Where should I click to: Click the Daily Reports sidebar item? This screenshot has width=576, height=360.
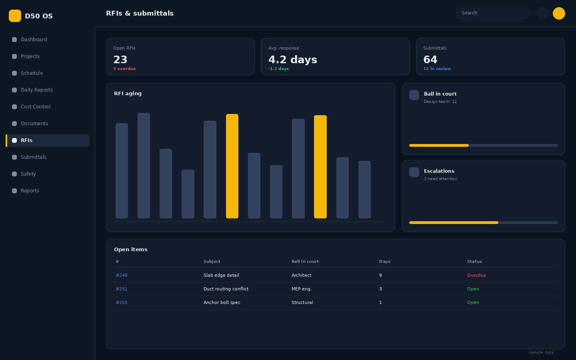click(x=37, y=90)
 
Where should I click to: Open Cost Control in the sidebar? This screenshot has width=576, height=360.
click(x=36, y=107)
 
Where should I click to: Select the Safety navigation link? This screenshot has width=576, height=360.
click(x=28, y=174)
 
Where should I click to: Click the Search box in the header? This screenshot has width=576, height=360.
click(x=492, y=13)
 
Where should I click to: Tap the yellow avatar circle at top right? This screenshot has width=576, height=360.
click(x=559, y=13)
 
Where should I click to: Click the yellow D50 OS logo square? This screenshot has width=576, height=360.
click(x=15, y=16)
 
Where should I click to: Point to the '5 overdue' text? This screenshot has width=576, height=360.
click(x=124, y=69)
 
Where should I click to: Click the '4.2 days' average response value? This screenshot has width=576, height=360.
click(x=293, y=60)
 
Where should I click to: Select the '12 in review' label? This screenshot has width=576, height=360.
click(x=437, y=69)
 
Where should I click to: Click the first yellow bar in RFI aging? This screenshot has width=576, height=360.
click(x=232, y=166)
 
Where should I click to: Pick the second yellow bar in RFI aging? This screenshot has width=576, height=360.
click(x=320, y=167)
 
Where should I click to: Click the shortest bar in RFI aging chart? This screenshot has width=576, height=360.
click(x=188, y=194)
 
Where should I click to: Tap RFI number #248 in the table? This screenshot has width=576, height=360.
click(x=122, y=275)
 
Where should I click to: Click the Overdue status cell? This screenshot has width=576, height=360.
click(x=476, y=275)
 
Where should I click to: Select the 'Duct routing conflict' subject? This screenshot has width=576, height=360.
click(x=226, y=289)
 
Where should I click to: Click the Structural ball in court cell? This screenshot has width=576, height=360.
click(x=302, y=303)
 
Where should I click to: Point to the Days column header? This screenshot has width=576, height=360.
click(x=385, y=262)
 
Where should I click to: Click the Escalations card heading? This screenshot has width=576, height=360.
click(x=439, y=171)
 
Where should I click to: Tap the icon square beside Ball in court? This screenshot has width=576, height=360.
click(x=414, y=95)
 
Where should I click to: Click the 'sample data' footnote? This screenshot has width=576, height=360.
click(x=541, y=352)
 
